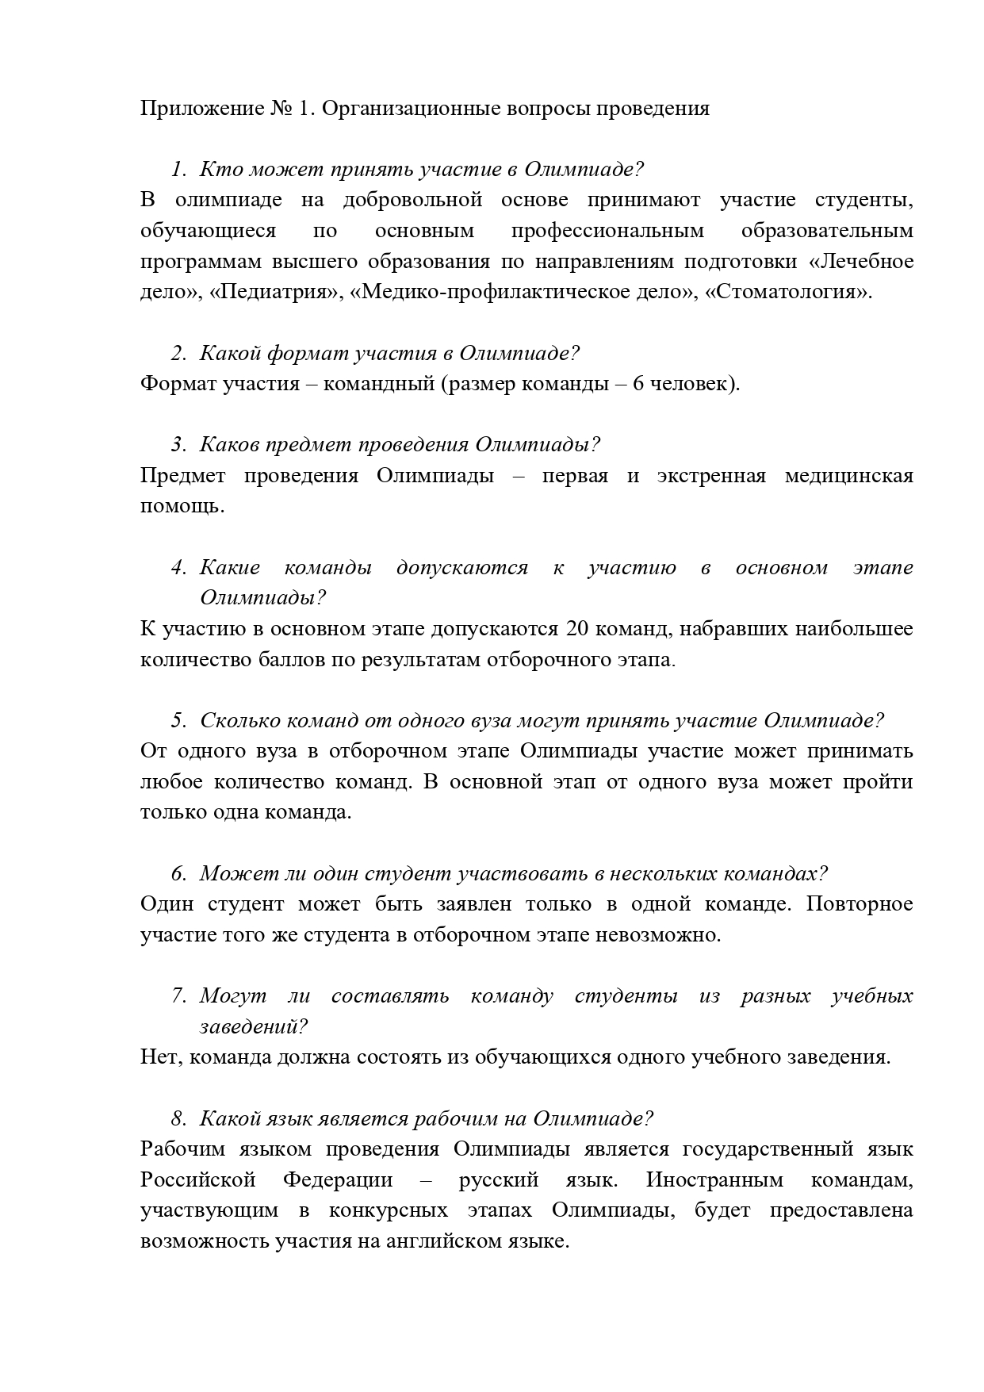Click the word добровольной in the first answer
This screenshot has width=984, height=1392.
(412, 200)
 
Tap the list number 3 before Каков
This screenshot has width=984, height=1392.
(178, 445)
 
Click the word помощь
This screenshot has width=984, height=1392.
(182, 507)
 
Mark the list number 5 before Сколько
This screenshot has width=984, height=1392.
(178, 721)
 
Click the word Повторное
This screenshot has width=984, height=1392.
(860, 904)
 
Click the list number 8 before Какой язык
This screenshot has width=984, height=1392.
(178, 1119)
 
